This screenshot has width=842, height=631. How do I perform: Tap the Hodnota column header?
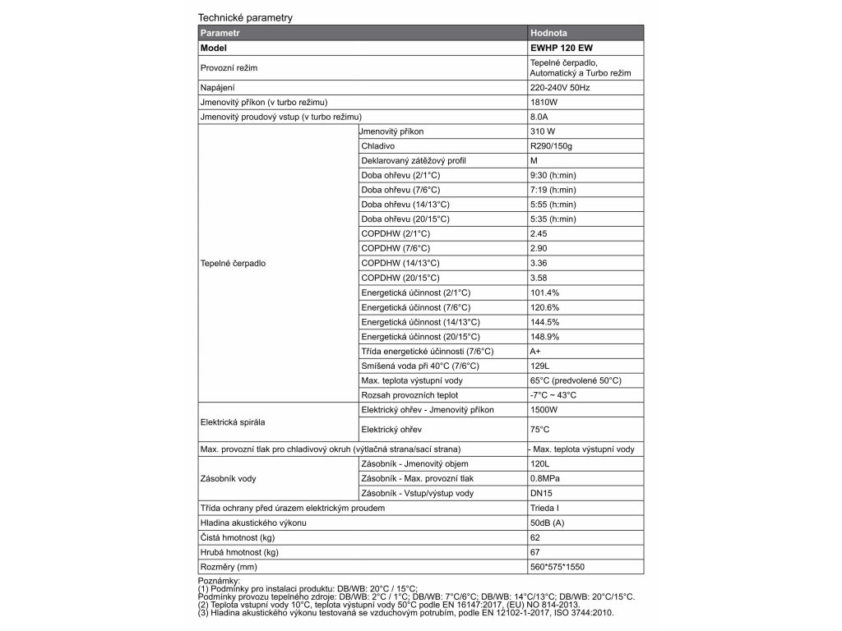point(548,34)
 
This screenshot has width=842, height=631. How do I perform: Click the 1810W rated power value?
point(544,102)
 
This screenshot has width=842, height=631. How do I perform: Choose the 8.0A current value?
point(540,117)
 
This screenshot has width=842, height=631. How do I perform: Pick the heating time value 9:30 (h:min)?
point(553,176)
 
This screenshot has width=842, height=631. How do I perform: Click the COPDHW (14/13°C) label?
point(400,263)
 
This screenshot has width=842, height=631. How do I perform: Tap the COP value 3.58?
point(540,278)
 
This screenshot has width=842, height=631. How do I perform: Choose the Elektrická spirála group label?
point(233,422)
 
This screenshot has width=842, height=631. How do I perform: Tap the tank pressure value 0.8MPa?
point(546,478)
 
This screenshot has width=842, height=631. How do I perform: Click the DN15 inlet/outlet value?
point(543,493)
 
